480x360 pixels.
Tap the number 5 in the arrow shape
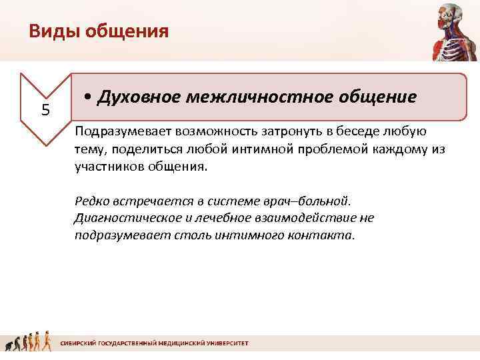[x=45, y=109]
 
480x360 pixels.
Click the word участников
[x=107, y=167]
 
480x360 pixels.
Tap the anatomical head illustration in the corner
[x=451, y=30]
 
